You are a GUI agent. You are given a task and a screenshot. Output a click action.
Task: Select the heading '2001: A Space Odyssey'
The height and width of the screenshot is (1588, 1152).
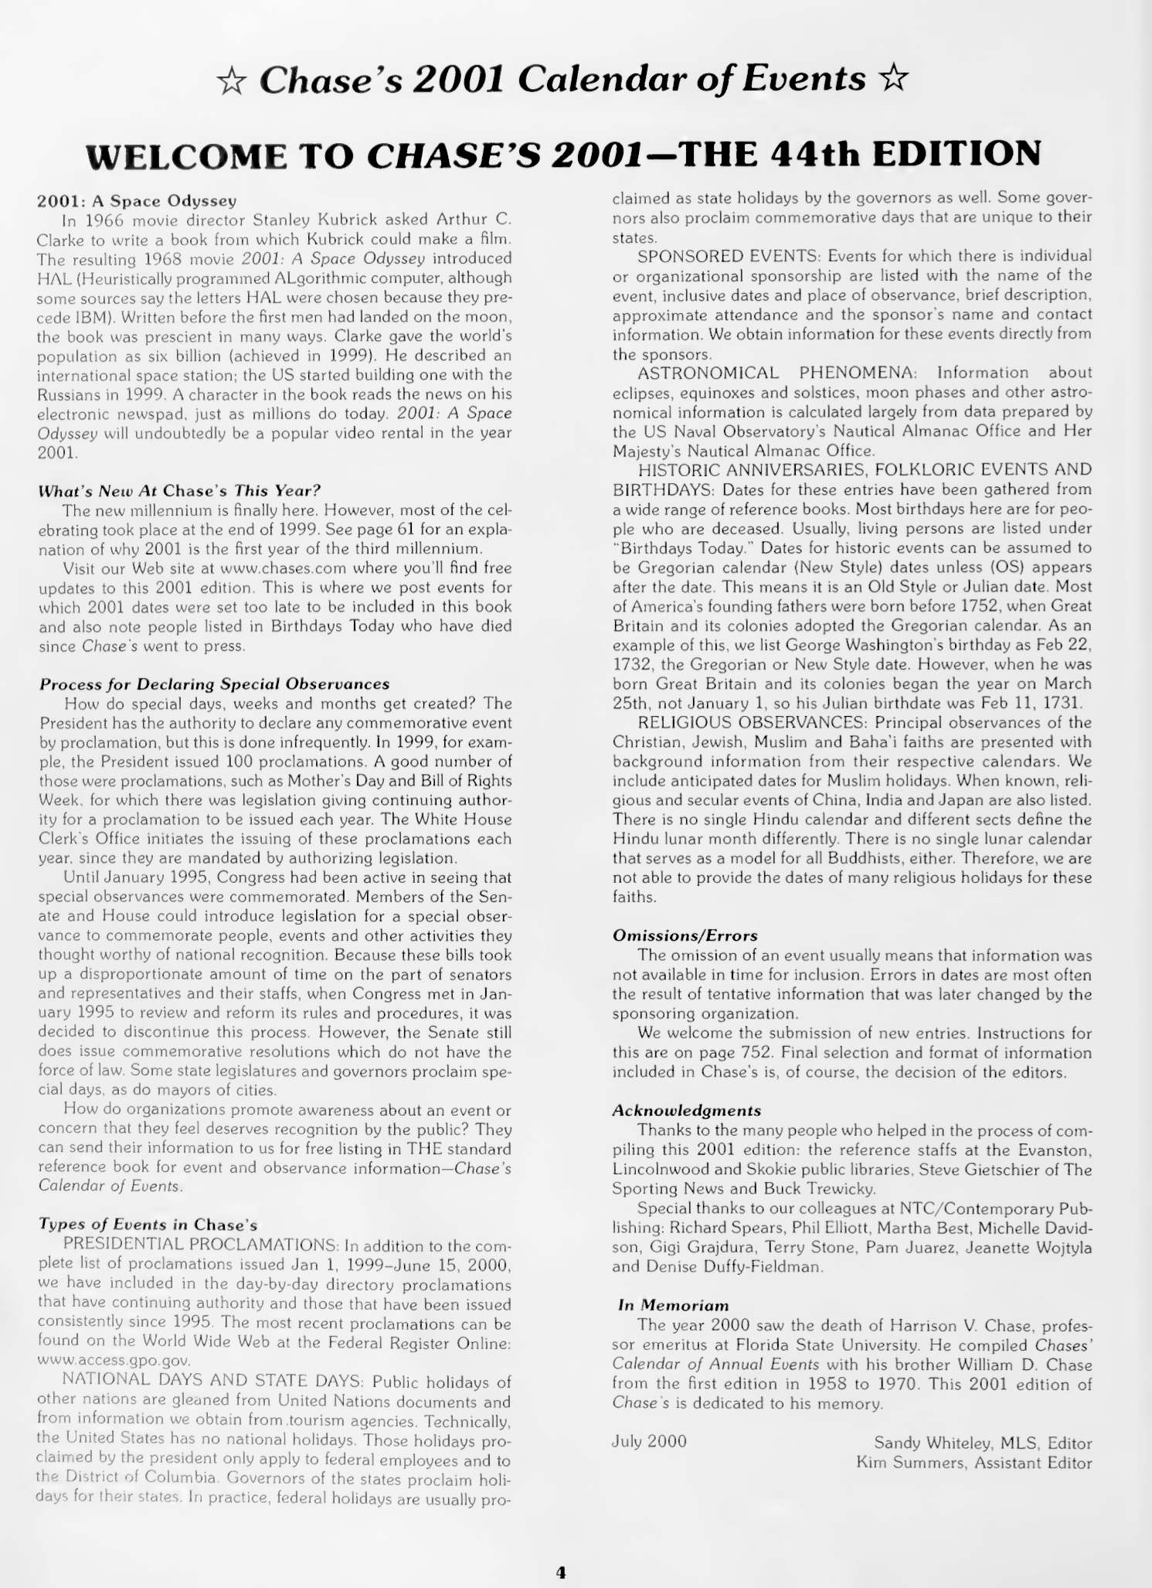click(x=136, y=201)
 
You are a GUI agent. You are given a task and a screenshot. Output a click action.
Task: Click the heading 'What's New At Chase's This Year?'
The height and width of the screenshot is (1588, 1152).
click(x=179, y=490)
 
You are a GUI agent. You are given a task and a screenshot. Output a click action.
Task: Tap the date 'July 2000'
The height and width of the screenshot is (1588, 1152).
click(x=649, y=1442)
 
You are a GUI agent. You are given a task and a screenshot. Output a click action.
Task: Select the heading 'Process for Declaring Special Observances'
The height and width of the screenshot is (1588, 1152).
click(x=214, y=684)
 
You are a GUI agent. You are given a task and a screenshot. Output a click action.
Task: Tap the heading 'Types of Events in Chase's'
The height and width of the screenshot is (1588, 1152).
click(x=148, y=1225)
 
